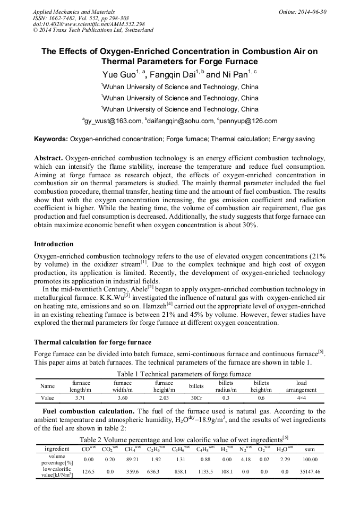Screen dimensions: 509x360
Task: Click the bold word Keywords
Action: pos(51,139)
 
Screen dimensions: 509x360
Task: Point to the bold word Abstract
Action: pos(49,159)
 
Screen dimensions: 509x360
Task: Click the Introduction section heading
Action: pos(54,244)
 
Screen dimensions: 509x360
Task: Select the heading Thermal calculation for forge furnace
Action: pos(92,342)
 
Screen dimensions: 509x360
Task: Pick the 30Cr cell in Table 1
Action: pos(196,397)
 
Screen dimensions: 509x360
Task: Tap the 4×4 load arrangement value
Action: pos(301,397)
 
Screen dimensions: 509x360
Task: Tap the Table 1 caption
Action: pos(179,374)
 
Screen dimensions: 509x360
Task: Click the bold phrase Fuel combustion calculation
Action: pos(88,411)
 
